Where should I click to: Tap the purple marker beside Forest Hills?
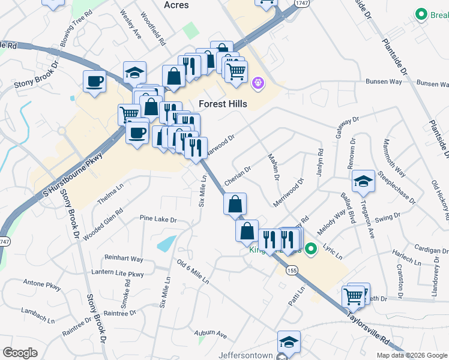click(258, 82)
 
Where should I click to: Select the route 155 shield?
click(292, 271)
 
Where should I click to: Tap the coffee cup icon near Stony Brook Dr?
click(95, 81)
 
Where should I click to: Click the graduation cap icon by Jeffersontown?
click(289, 342)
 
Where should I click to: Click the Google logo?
click(20, 353)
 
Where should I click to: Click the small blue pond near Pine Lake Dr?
click(166, 243)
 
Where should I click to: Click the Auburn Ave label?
click(210, 333)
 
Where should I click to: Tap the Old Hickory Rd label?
click(441, 199)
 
